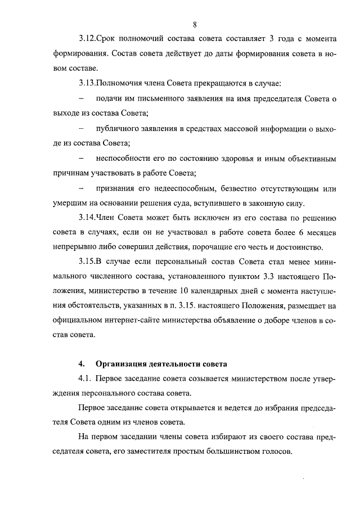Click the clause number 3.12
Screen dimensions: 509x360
click(86, 39)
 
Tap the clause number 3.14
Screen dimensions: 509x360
click(86, 218)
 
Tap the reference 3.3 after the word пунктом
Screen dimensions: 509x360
click(269, 277)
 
